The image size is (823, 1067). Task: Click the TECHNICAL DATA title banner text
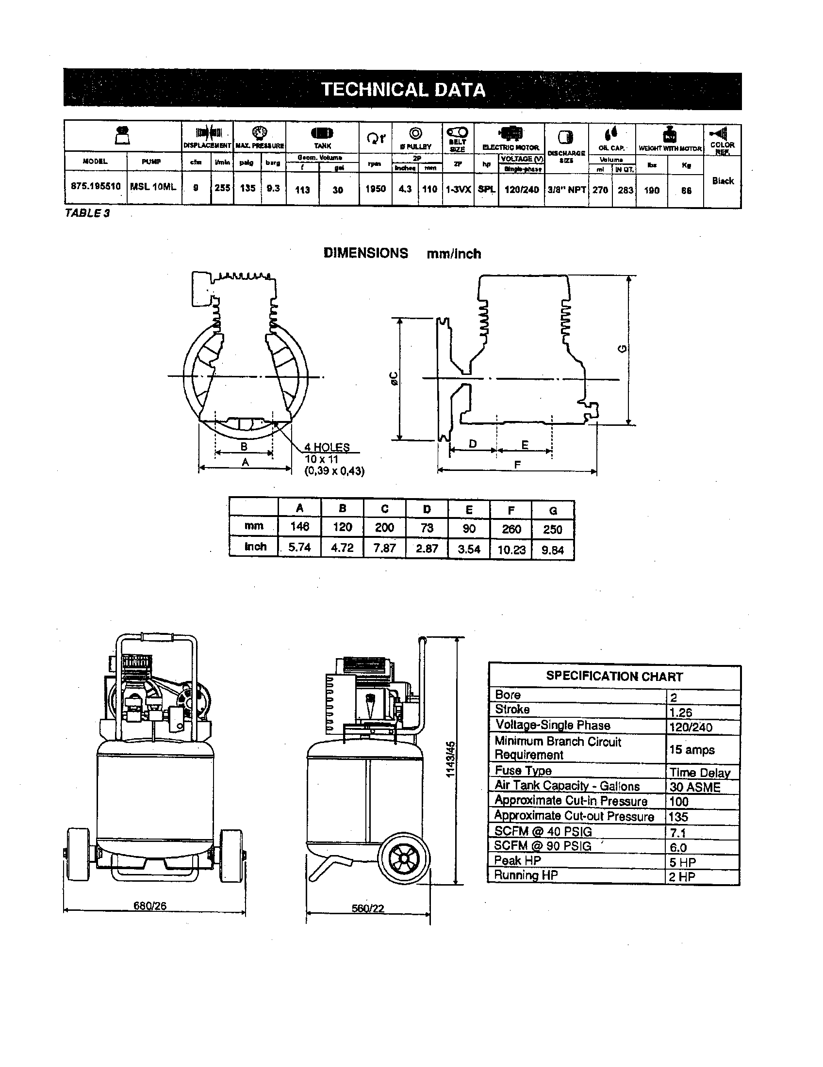pos(403,90)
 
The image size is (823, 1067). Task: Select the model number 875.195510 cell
pos(95,186)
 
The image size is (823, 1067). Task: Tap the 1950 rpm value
pos(375,189)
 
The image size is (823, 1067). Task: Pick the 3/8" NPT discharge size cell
pos(566,190)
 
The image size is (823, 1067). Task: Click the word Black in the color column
pos(723,181)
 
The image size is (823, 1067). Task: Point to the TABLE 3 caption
pos(87,213)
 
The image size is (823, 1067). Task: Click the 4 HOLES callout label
pos(327,447)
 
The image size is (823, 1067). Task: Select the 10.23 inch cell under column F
pos(510,550)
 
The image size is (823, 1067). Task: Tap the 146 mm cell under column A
pos(299,526)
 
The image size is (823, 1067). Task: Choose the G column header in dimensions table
pos(553,511)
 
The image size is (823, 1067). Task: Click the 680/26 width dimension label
pos(150,906)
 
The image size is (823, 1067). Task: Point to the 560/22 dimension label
pos(368,908)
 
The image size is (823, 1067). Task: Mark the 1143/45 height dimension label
pos(451,760)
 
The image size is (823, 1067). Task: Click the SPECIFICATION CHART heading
pos(614,676)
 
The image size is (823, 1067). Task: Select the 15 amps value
pos(691,750)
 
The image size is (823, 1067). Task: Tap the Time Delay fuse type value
pos(699,773)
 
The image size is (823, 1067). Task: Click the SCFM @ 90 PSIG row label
pos(543,846)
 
